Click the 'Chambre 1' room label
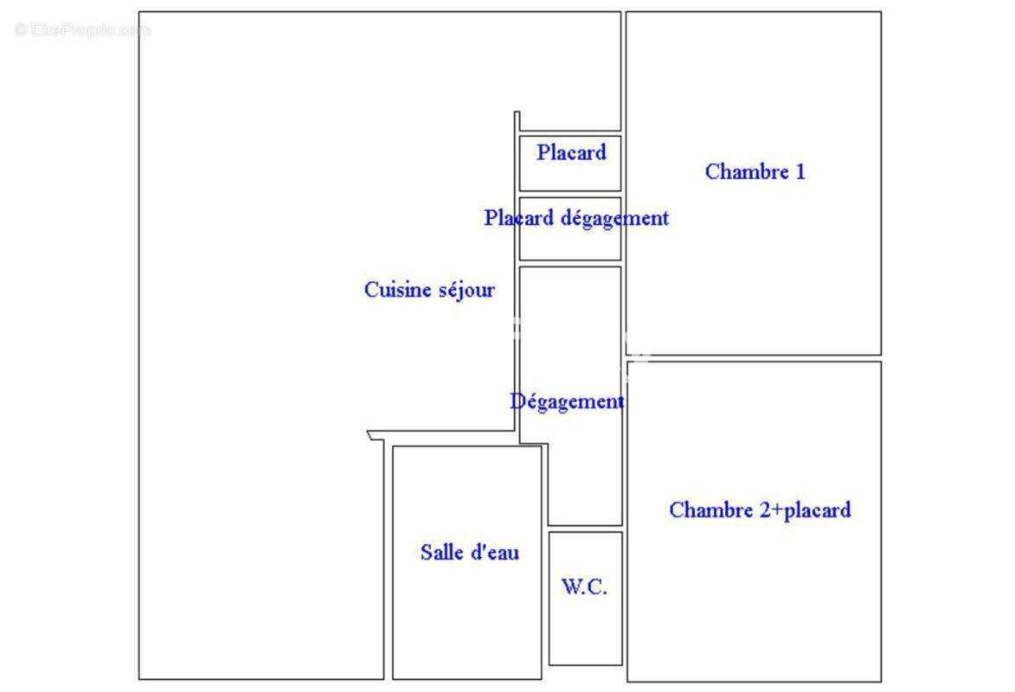coord(755,171)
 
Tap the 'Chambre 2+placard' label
coord(760,510)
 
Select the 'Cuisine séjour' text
coord(429,290)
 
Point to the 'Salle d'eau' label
coord(469,552)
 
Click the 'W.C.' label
coord(584,586)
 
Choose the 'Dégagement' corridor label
coord(567,401)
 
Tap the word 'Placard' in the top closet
coord(571,152)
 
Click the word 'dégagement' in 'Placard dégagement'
coord(614,218)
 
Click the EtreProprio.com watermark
coord(82,29)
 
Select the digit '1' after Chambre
coord(800,171)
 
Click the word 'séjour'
coord(466,290)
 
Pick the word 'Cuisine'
coord(397,290)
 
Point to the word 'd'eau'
coord(496,552)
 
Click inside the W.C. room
coord(585,621)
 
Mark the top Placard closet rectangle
coord(570,163)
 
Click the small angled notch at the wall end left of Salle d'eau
coord(371,435)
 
